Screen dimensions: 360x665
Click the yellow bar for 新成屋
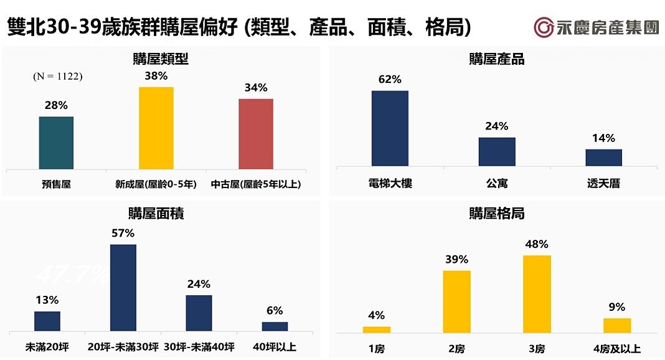click(156, 128)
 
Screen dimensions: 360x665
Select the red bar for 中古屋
click(255, 134)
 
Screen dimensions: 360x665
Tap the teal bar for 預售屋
click(56, 143)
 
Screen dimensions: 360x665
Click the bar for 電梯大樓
click(390, 128)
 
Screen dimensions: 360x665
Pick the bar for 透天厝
click(603, 158)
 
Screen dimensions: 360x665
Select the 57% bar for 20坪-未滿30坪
click(123, 287)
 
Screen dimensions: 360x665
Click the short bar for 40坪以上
click(275, 326)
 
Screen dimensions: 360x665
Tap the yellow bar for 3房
click(537, 294)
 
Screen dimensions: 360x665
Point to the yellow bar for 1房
click(377, 329)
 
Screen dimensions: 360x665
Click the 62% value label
click(390, 80)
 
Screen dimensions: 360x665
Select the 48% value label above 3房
click(537, 244)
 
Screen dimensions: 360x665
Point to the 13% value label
click(47, 300)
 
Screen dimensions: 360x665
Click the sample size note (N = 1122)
click(58, 77)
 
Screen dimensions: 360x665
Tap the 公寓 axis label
click(497, 184)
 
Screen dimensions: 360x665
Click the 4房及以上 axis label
click(617, 348)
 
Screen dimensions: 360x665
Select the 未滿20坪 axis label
click(47, 348)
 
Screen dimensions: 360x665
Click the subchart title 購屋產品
click(496, 59)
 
